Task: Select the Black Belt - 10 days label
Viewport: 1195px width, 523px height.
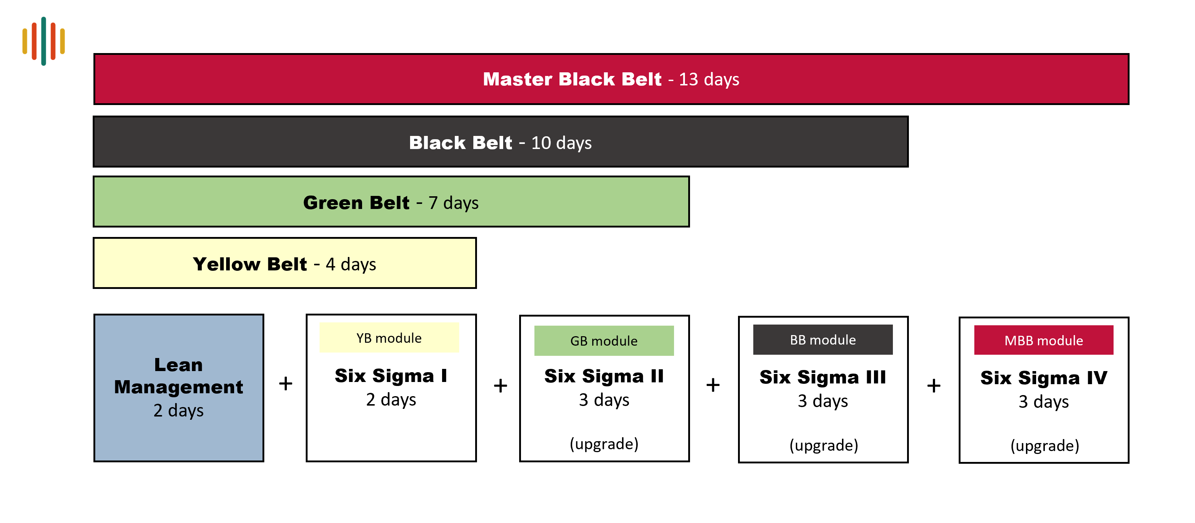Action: pos(500,143)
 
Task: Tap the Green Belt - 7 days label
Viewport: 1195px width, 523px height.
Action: pos(390,202)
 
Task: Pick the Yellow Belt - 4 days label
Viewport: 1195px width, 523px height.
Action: pos(284,264)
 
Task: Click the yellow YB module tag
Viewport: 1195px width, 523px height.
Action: pos(389,338)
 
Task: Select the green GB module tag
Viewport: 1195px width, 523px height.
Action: pos(604,341)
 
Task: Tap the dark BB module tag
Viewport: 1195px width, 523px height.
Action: pos(823,340)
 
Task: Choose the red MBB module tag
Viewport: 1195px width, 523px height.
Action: pos(1044,340)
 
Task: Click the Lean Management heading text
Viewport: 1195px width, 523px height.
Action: pos(179,375)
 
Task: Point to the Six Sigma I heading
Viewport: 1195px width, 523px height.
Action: pos(391,375)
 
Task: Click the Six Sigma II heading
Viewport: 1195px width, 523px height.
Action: pos(604,376)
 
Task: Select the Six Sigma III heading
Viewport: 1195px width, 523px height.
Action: pos(823,377)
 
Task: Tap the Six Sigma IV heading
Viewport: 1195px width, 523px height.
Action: pos(1044,378)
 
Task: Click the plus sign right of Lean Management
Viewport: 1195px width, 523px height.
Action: pos(286,383)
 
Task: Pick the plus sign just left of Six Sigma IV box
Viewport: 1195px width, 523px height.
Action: pos(934,385)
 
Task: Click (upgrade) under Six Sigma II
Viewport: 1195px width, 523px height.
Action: pos(604,444)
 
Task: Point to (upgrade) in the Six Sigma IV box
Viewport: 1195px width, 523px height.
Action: pos(1045,446)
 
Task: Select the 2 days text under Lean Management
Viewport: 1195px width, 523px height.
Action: pos(179,411)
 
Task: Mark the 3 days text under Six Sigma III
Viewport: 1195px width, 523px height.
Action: pos(823,401)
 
